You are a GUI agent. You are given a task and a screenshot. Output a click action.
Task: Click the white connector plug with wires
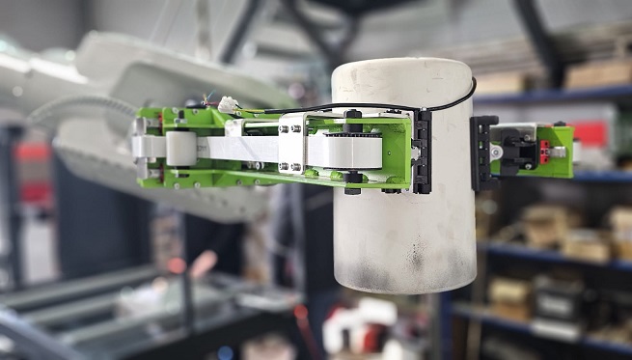click(x=229, y=104)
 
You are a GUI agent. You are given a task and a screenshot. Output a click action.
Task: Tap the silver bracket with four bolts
click(x=290, y=146)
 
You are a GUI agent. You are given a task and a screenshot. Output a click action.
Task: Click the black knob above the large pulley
click(x=352, y=120)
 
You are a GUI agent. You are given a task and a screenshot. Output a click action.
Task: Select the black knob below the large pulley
click(x=352, y=183)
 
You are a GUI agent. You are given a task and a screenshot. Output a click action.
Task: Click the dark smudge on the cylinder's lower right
click(x=417, y=257)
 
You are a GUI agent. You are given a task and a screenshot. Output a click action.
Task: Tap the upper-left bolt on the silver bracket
click(x=284, y=128)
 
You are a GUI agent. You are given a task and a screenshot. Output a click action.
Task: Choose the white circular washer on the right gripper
click(x=496, y=151)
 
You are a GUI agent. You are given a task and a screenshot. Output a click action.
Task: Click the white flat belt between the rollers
click(x=241, y=148)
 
